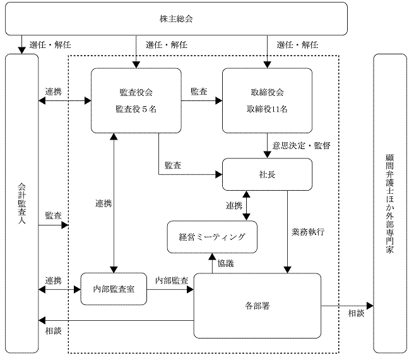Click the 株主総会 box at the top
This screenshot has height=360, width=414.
[176, 19]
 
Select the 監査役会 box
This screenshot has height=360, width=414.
[136, 100]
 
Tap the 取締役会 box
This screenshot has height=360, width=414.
[267, 100]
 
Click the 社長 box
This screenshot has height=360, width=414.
[267, 174]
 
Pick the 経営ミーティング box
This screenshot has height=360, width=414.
[212, 237]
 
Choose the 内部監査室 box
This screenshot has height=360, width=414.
[114, 289]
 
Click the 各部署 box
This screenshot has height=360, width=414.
[257, 306]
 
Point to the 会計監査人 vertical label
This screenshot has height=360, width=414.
[21, 203]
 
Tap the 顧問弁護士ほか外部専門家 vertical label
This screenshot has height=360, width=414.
[390, 204]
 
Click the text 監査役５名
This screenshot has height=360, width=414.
[136, 109]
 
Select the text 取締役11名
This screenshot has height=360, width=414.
[267, 109]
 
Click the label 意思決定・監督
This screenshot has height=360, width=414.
[301, 146]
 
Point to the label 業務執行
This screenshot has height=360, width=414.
[308, 232]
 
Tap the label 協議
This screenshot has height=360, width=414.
[226, 263]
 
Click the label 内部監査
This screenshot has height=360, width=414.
[172, 280]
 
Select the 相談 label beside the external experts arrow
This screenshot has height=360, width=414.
[356, 313]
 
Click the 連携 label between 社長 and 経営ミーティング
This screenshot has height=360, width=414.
[234, 205]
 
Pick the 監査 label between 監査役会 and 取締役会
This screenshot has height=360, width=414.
[199, 92]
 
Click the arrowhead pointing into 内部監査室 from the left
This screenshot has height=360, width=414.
[78, 290]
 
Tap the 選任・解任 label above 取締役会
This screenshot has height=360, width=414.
[297, 45]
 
